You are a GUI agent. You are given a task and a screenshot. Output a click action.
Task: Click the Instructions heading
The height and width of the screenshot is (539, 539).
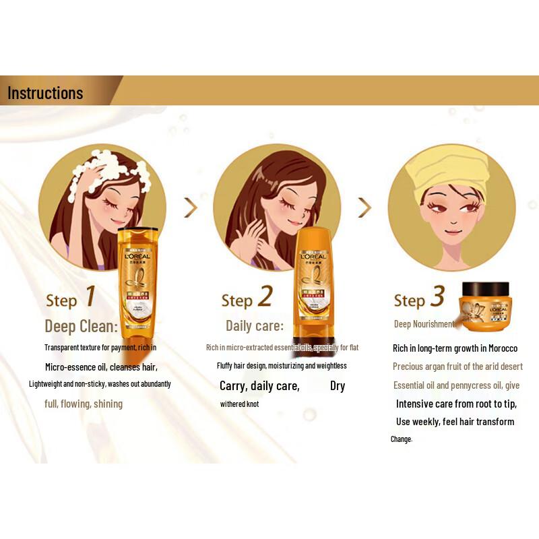45,92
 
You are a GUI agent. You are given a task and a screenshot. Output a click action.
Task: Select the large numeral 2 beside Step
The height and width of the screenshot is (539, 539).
265,297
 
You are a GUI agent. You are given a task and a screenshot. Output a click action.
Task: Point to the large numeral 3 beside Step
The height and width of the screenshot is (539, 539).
437,297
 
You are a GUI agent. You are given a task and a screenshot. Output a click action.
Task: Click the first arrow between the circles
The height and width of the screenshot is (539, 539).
191,208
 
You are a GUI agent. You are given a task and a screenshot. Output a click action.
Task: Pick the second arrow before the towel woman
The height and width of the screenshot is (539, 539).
364,208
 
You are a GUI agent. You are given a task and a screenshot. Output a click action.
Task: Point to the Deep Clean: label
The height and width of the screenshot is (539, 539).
81,327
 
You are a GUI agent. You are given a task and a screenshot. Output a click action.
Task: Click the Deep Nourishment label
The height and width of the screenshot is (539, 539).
424,324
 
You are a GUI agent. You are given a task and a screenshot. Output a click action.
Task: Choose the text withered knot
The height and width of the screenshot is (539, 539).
239,404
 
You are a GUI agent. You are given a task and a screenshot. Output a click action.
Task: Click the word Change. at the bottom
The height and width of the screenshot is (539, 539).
401,439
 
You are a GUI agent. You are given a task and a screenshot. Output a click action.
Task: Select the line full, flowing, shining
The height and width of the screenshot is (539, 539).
84,404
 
